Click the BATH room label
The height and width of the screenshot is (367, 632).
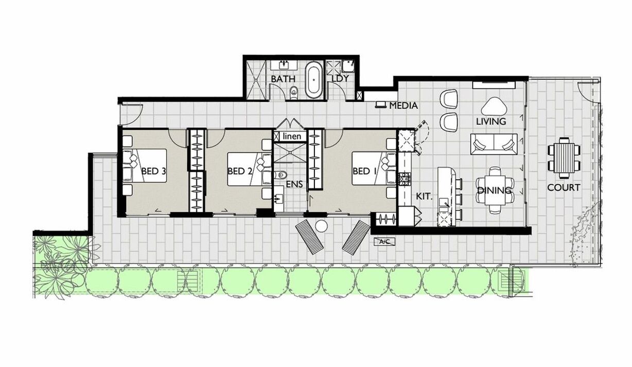coord(283,79)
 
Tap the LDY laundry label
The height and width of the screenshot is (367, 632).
coord(340,79)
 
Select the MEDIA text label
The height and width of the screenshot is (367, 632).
coord(403,106)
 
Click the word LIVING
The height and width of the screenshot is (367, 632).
coord(491,121)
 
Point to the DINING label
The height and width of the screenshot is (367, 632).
coord(494,190)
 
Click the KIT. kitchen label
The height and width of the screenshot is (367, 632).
coord(425,197)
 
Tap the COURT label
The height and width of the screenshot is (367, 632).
coord(564,187)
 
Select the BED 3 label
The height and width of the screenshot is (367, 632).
coord(153,171)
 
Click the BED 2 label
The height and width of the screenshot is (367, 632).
coord(239,171)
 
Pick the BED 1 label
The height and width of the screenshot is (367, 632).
coord(364,171)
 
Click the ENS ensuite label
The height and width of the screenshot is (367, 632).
coord(294,184)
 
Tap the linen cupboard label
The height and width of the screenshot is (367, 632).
coord(292,136)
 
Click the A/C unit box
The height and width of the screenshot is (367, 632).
coord(384,242)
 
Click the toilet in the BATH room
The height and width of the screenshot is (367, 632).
coord(294,92)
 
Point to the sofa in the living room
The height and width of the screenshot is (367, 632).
coord(494,144)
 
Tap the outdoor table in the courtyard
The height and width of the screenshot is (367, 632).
coord(564,158)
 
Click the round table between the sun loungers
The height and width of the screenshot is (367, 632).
coord(321,226)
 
